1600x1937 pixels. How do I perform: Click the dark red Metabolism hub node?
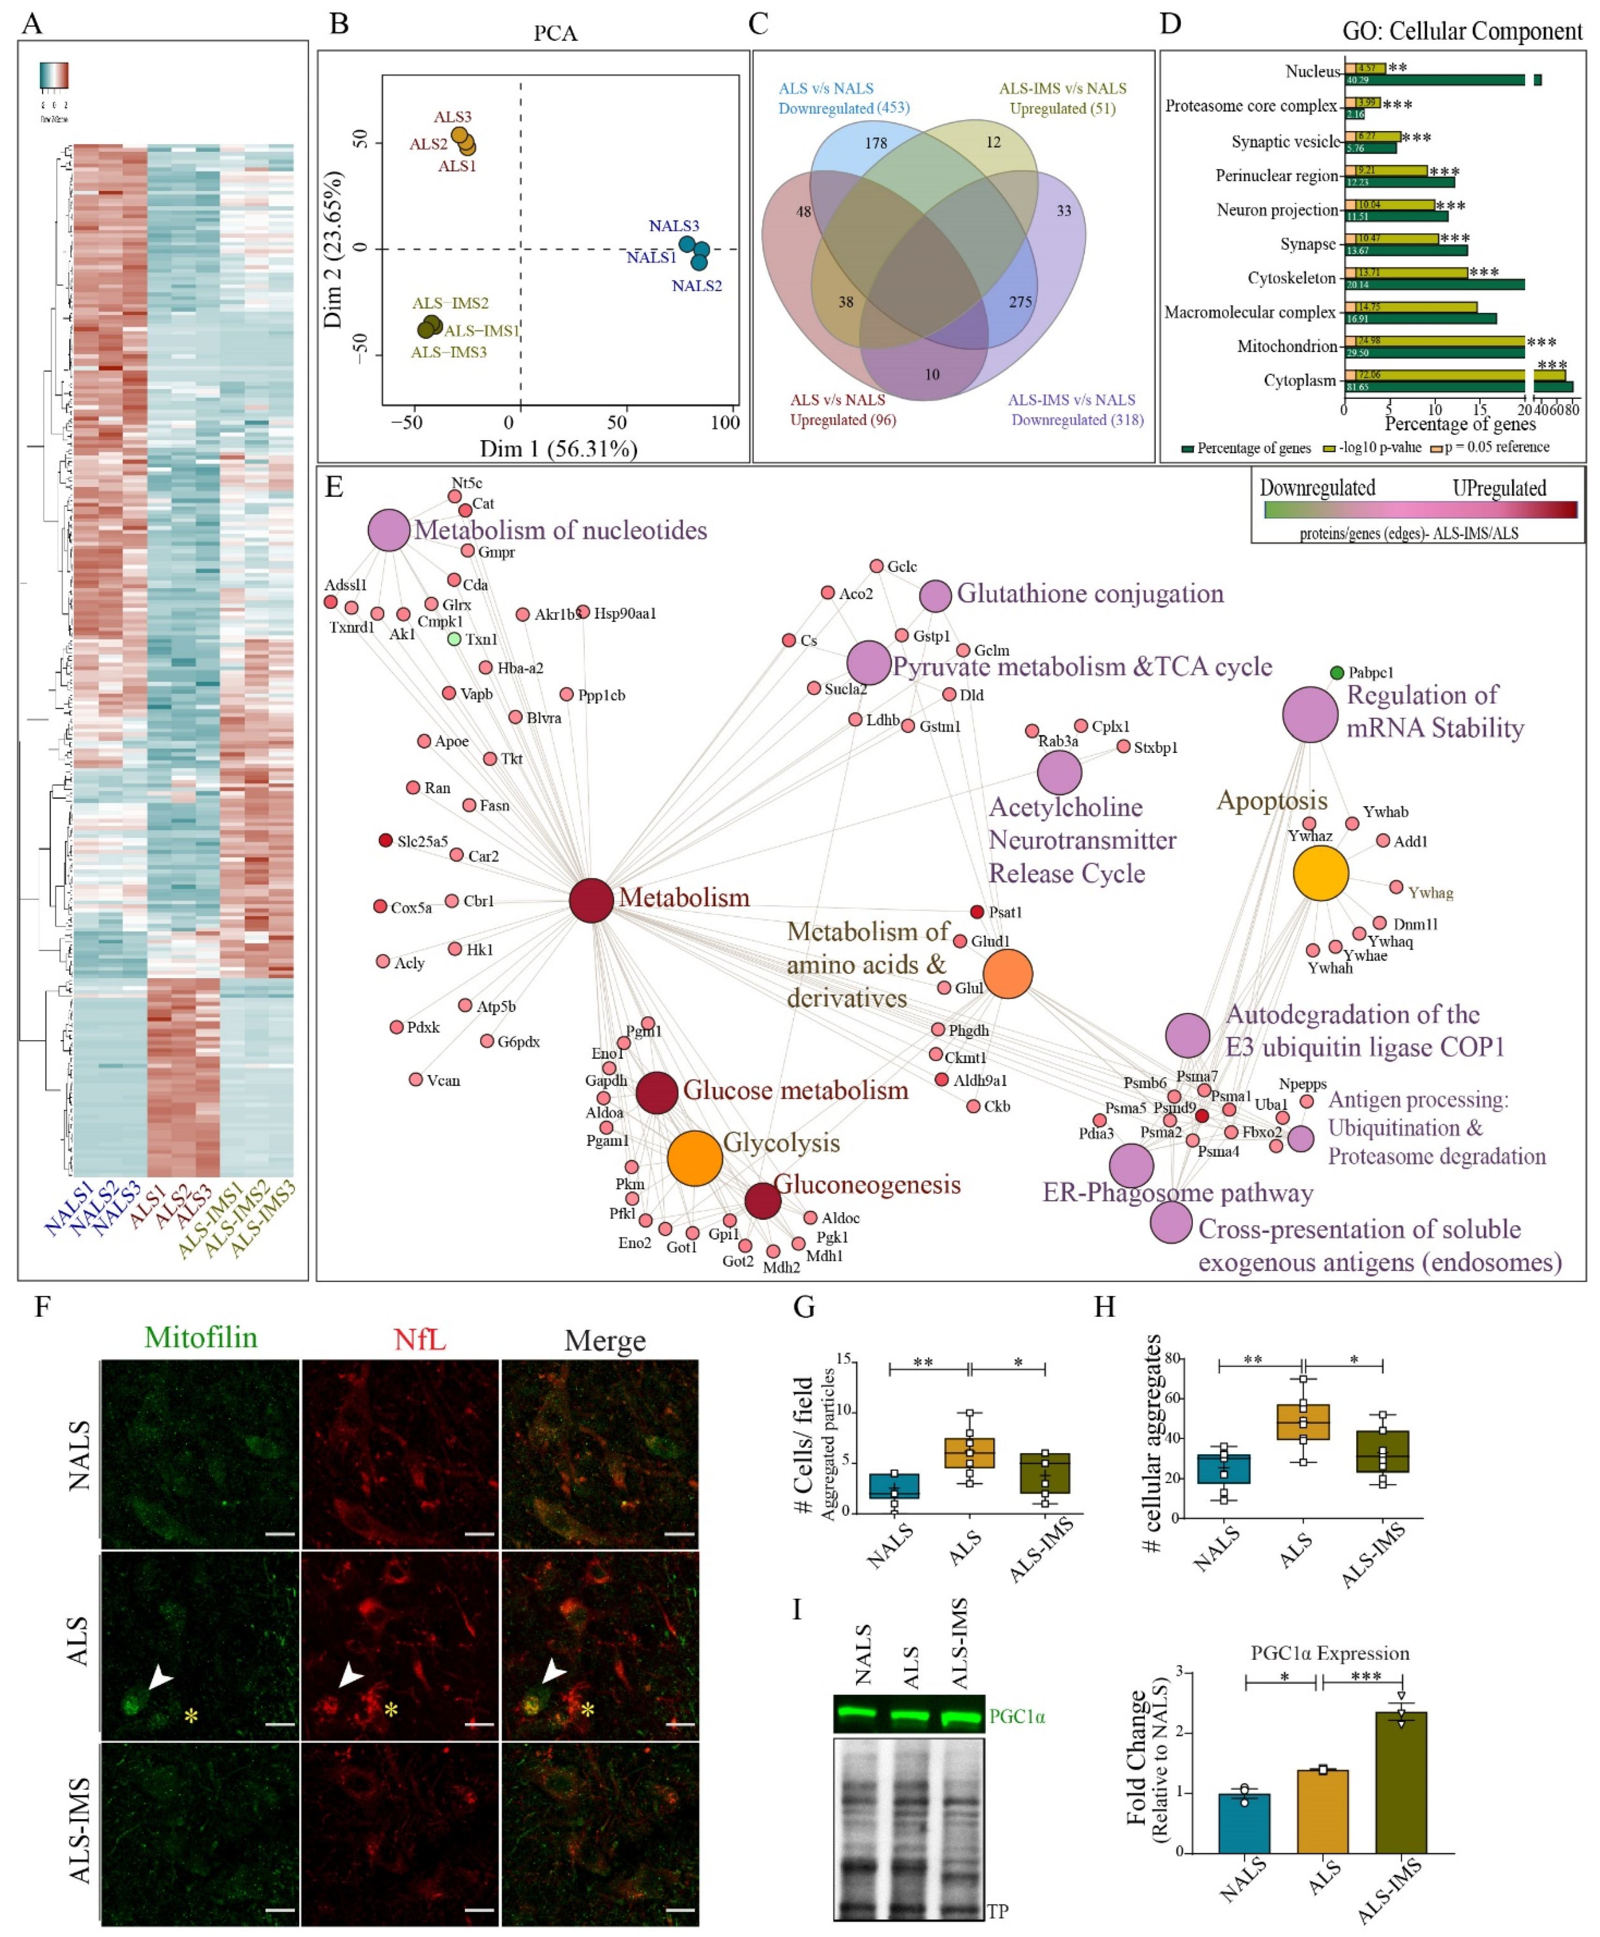coord(591,900)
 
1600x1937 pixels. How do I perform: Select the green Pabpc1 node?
coord(1336,673)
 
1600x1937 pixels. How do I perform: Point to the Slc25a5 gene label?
coord(422,841)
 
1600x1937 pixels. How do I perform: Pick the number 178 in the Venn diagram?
coord(876,143)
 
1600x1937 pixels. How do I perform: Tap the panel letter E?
coord(334,486)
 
